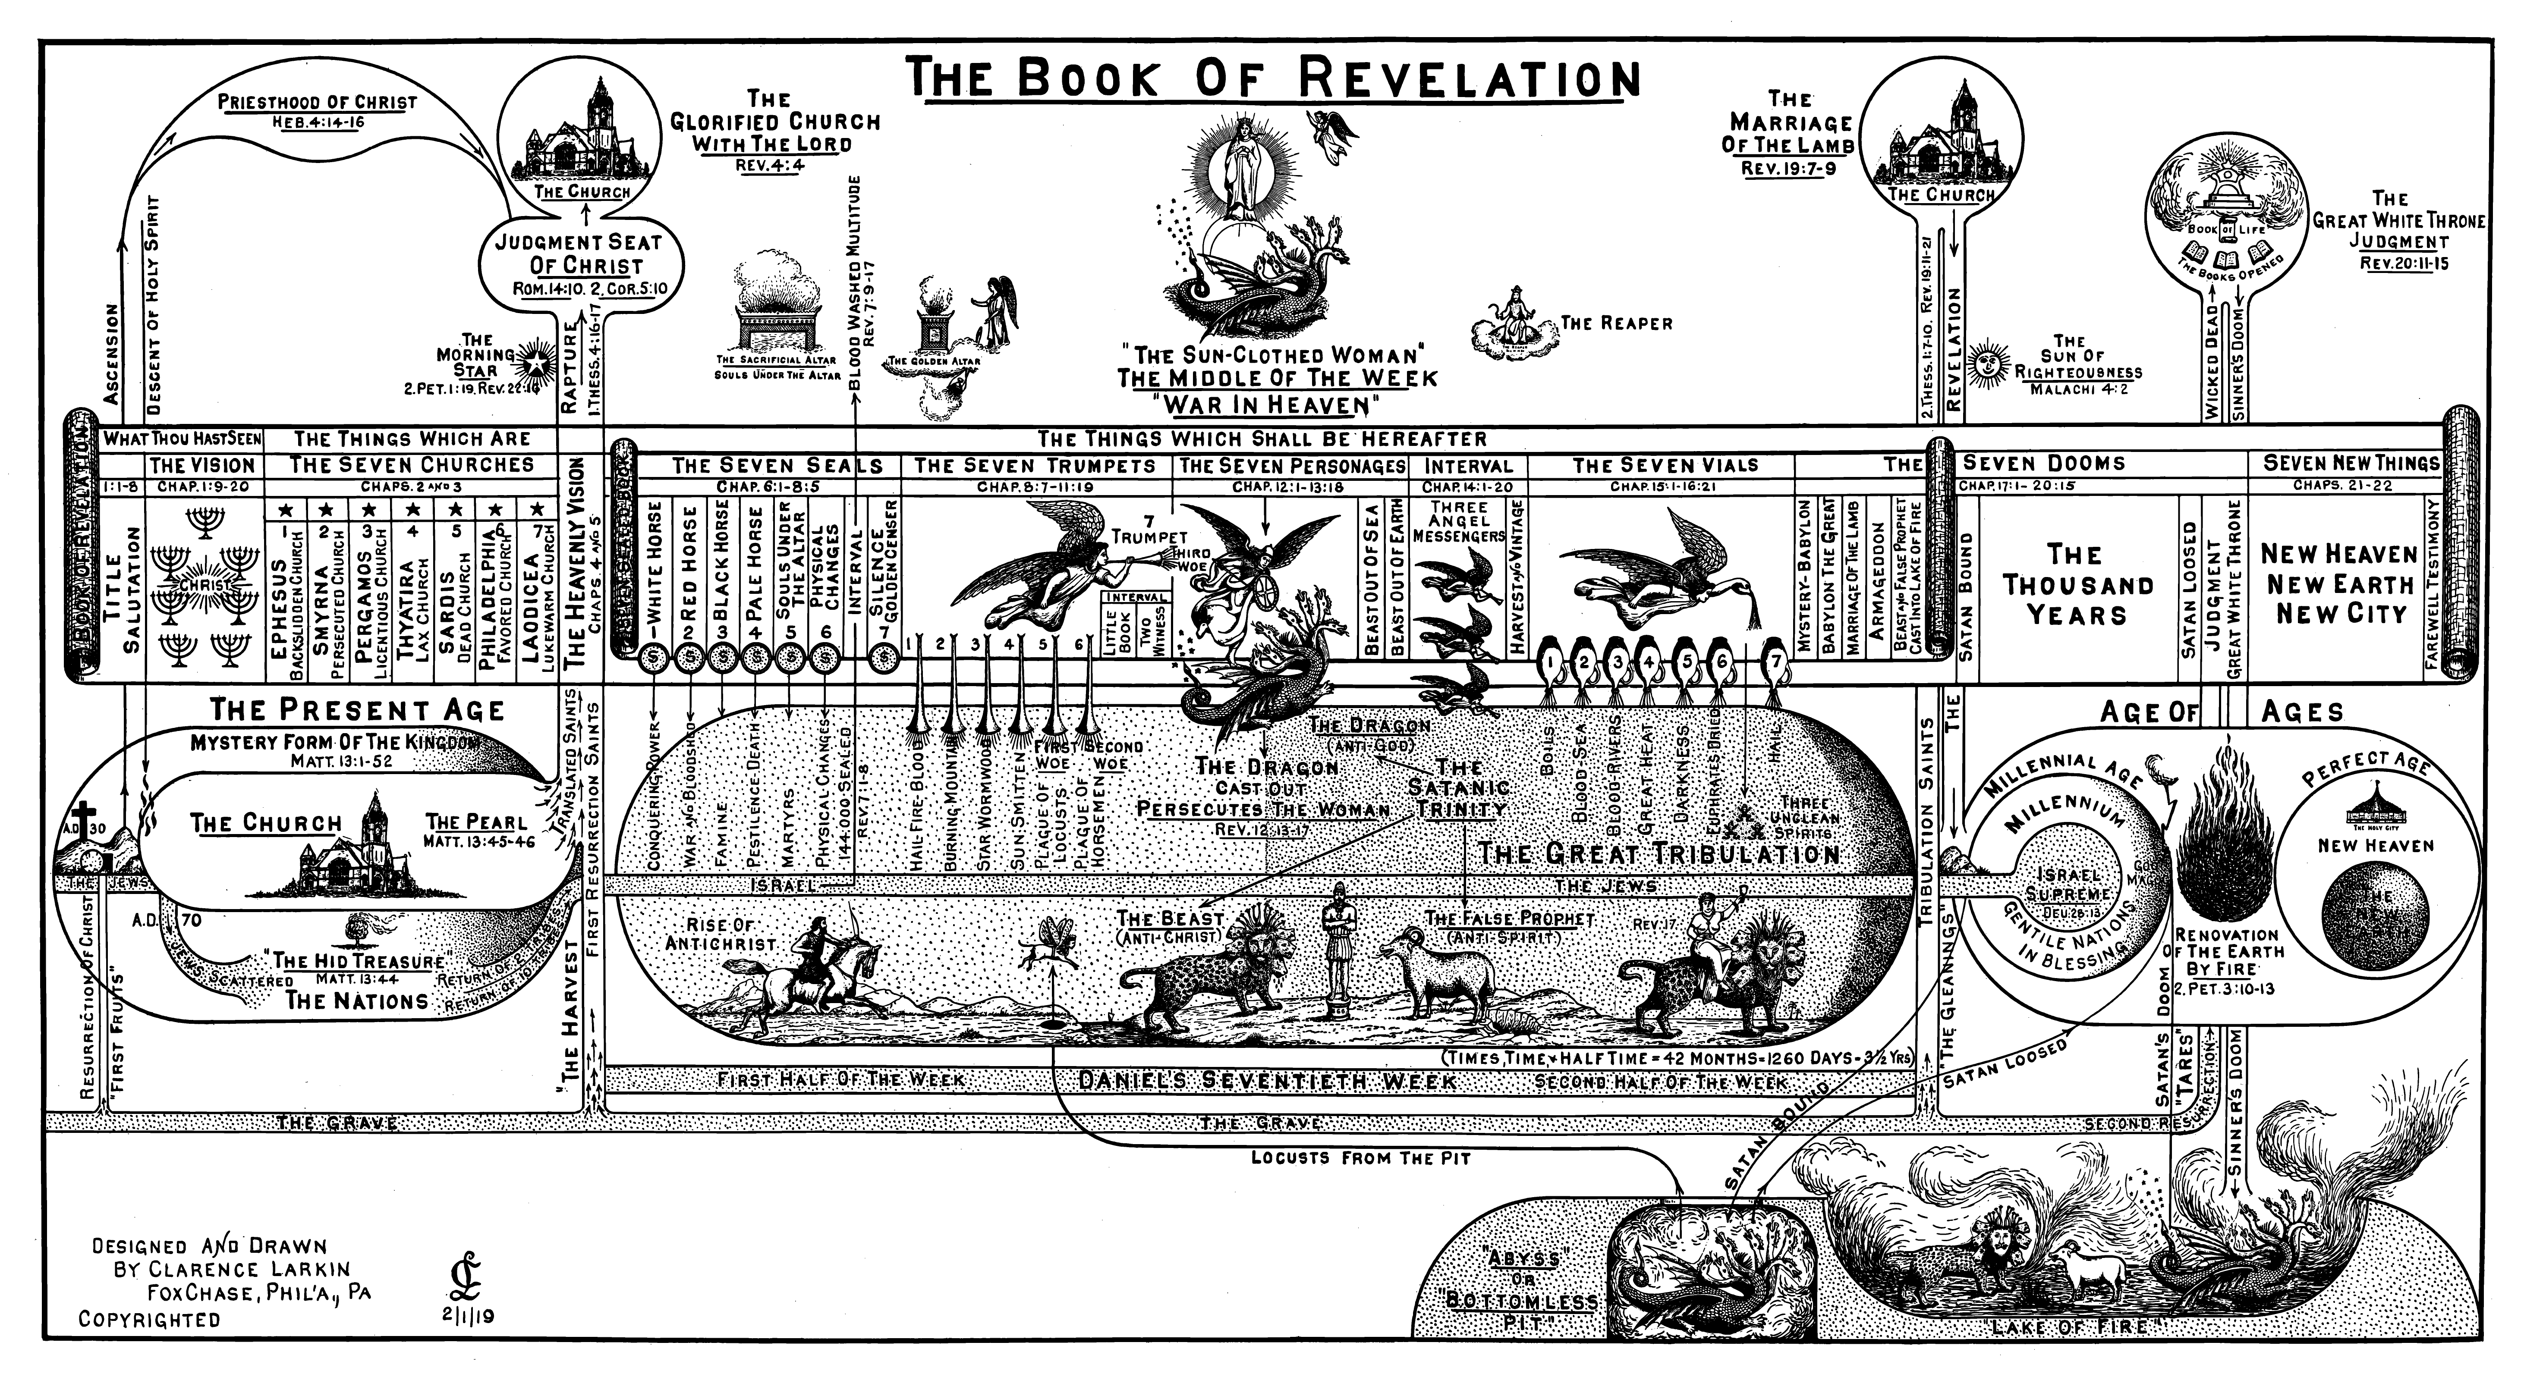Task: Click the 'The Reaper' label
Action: click(x=1616, y=323)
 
